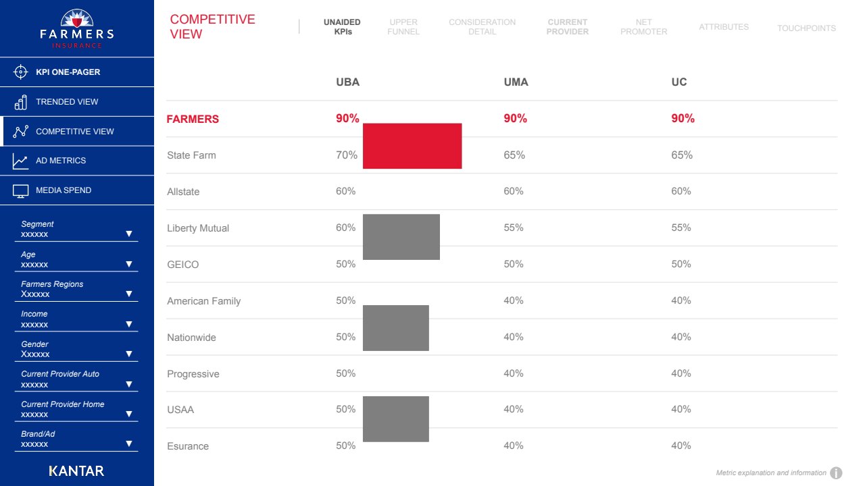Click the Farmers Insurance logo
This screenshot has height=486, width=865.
pos(76,29)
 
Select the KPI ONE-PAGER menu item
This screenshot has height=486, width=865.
pos(68,72)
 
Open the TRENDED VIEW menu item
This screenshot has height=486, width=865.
pos(67,102)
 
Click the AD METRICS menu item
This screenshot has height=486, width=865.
pos(61,161)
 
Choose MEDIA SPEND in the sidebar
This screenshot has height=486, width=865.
pos(64,190)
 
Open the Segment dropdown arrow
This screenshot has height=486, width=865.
pos(129,234)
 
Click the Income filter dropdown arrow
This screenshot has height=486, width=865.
pos(129,324)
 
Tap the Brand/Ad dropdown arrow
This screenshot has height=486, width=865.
pos(129,443)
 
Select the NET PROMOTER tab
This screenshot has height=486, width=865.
pos(643,27)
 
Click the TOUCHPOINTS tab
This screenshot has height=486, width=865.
pos(806,28)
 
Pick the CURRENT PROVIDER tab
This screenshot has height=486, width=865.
pos(568,27)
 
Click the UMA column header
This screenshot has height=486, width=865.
pos(516,82)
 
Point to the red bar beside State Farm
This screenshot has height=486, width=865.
pos(412,146)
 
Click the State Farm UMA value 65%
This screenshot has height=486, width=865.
pos(514,155)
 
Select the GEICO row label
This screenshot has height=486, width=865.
pos(183,265)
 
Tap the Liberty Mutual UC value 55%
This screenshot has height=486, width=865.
pos(681,228)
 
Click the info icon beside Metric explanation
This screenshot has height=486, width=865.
pos(836,473)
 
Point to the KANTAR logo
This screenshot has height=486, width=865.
pos(76,470)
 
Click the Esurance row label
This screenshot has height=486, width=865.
pos(188,446)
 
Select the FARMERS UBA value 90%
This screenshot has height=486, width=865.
pos(347,119)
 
